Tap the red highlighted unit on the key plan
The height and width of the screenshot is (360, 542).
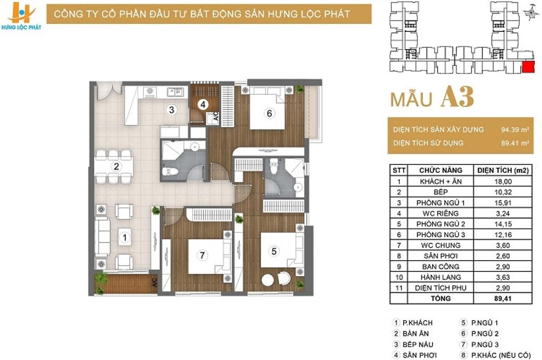point(528,67)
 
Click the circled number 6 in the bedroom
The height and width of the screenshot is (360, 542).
point(269,113)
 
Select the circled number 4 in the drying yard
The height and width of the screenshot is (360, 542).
point(203,104)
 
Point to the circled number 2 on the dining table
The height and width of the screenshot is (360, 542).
point(116,166)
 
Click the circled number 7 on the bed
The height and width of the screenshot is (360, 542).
point(202,255)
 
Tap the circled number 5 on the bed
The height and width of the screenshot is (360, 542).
point(273,251)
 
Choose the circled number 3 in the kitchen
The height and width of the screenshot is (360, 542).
point(171,110)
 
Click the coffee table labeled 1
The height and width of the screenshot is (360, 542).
point(125,237)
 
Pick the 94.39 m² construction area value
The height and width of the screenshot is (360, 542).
point(515,130)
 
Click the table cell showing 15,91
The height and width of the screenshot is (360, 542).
point(503,202)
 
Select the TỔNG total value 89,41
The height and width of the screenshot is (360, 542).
point(503,298)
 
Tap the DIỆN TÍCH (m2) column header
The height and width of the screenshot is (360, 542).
point(503,170)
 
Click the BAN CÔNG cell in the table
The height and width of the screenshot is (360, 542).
point(440,266)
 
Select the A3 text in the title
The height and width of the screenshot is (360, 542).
point(457,97)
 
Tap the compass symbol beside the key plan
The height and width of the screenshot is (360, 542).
point(531,12)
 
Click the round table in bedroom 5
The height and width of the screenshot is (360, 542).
point(268,280)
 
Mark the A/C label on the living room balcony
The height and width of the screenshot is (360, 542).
point(154,283)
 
